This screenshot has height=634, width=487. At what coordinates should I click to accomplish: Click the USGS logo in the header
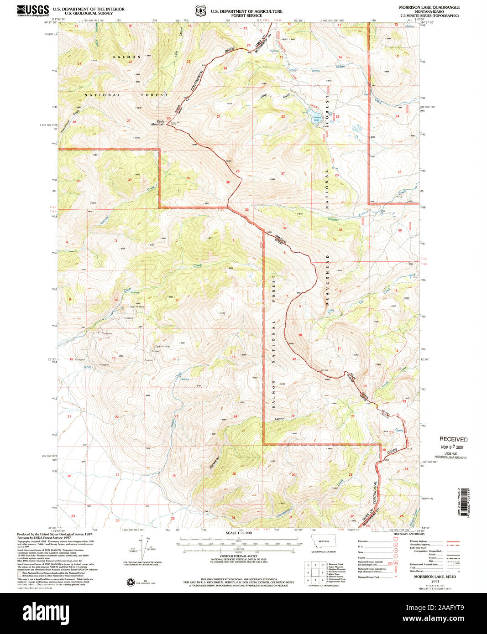33,10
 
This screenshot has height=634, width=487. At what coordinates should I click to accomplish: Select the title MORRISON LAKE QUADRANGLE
429,8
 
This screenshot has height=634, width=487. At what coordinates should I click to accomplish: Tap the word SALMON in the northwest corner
127,57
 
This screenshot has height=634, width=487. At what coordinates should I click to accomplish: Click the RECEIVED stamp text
453,439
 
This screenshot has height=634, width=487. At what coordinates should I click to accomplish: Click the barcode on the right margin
465,502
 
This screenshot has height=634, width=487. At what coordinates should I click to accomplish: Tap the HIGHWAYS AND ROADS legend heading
409,534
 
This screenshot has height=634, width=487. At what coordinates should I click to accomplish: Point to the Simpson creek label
333,220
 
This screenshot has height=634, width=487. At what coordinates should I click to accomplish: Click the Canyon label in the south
280,418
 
